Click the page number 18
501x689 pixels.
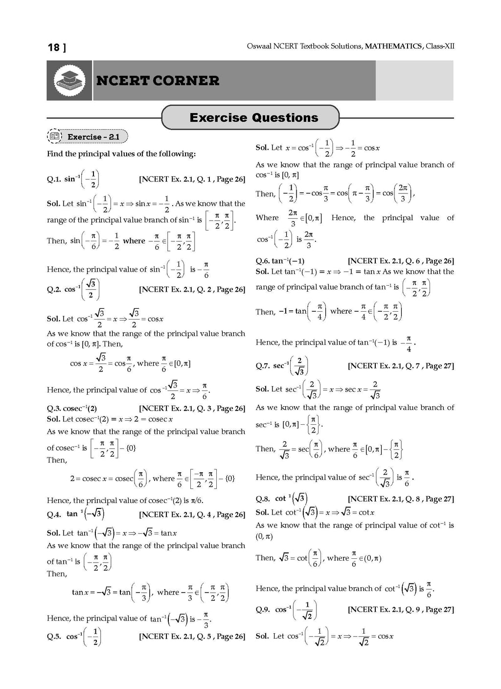(x=53, y=47)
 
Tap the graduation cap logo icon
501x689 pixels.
(x=69, y=81)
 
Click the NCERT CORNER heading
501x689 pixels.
(x=158, y=81)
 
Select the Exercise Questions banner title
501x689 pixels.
(x=253, y=118)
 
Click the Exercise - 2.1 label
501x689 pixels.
(x=93, y=137)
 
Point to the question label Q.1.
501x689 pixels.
(x=54, y=180)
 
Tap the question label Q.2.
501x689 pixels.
(x=54, y=290)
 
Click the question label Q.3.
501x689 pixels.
(x=54, y=409)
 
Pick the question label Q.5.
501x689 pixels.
(x=54, y=637)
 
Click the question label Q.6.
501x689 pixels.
(x=263, y=261)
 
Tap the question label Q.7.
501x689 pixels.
(x=263, y=366)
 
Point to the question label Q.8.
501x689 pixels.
(x=263, y=499)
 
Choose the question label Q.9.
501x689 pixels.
(x=263, y=610)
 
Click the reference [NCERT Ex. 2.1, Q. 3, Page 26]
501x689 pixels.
(x=192, y=409)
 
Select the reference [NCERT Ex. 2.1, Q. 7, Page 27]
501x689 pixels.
(x=401, y=366)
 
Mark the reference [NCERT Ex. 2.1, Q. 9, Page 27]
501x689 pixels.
(x=401, y=610)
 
